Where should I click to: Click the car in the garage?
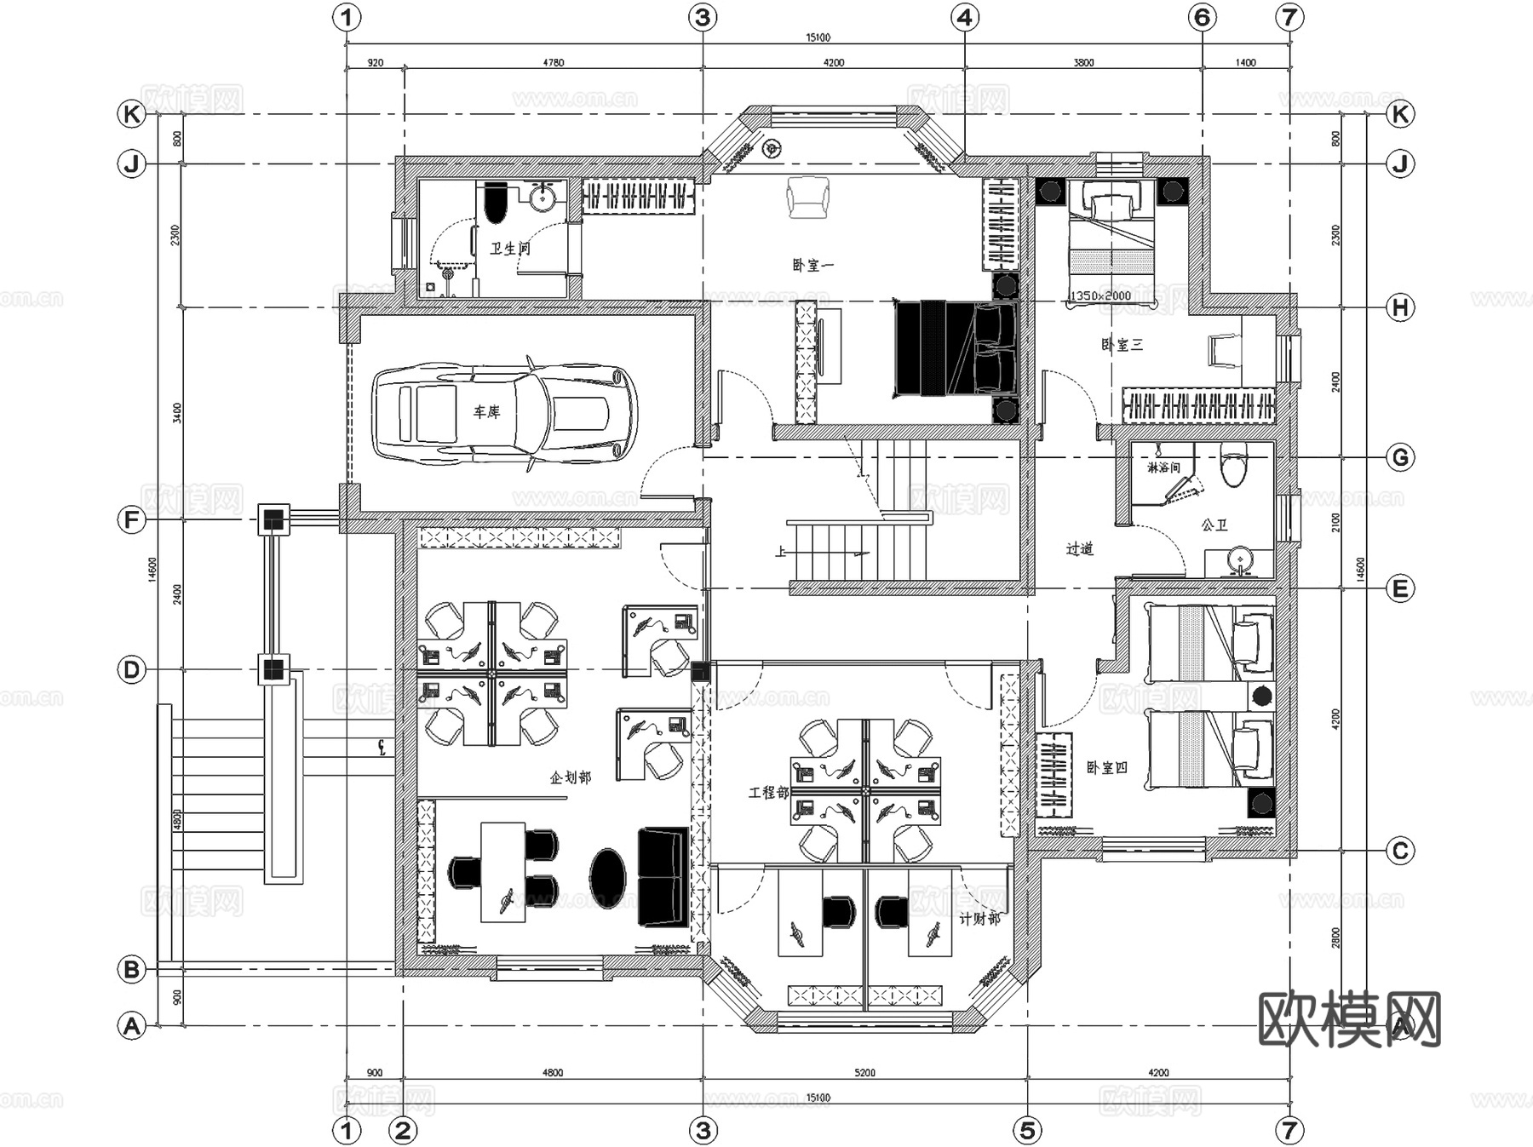point(504,415)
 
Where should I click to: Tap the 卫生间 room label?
point(510,249)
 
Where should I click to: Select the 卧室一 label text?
point(812,266)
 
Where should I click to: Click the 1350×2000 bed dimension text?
point(1100,295)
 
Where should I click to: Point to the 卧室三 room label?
point(1122,345)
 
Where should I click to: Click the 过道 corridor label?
point(1079,549)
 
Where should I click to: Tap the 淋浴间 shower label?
point(1163,467)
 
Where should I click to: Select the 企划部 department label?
point(570,777)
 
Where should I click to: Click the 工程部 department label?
point(768,793)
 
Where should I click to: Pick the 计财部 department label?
point(979,919)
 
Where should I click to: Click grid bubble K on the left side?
point(131,114)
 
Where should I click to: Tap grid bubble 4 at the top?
point(964,17)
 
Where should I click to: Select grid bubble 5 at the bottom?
point(1027,1130)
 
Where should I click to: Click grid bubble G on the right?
point(1400,457)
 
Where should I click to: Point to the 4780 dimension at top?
point(553,62)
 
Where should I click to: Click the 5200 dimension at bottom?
point(864,1073)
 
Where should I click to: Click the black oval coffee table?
point(607,877)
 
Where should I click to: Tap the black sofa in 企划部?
point(663,877)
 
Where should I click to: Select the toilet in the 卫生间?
point(494,204)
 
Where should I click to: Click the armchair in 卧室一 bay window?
point(807,197)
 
